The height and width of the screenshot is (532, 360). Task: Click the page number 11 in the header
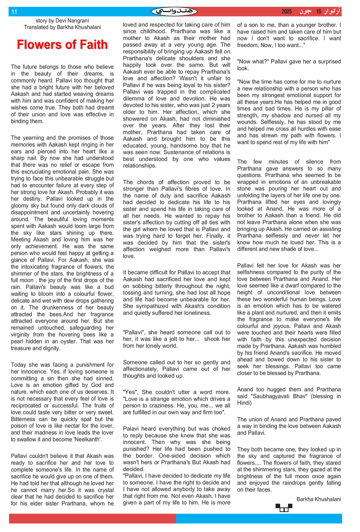tap(14, 12)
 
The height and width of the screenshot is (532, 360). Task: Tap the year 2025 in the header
tap(286, 12)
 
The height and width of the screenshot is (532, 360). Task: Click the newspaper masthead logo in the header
tap(174, 12)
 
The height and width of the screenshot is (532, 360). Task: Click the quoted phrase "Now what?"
tap(252, 62)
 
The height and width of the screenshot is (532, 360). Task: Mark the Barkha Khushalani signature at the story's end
tap(319, 499)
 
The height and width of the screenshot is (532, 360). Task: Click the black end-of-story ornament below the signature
tap(284, 508)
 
